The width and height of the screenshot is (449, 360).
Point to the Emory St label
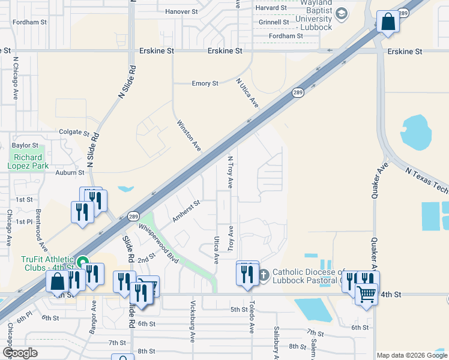tap(205, 83)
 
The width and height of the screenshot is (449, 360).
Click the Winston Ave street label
tap(188, 135)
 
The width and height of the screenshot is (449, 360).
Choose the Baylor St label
tap(25, 145)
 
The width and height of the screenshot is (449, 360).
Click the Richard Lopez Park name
tap(28, 162)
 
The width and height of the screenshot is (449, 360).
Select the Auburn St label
tap(70, 172)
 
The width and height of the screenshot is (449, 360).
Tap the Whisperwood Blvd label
tap(159, 241)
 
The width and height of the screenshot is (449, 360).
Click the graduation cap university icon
tap(341, 13)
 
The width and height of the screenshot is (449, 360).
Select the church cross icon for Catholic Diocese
tap(265, 272)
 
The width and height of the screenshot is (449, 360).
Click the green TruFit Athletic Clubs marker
tap(83, 261)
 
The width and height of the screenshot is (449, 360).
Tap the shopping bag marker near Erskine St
tap(388, 22)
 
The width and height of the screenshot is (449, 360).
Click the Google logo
tap(19, 353)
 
